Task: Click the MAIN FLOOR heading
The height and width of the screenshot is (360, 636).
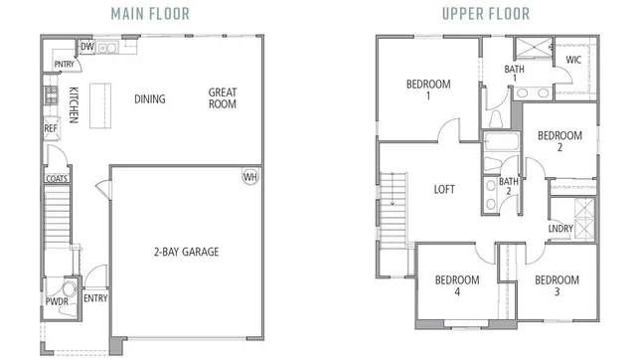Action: (154, 13)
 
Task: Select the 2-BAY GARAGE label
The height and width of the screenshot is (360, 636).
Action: (186, 252)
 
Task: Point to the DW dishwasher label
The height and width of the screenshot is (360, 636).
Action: (86, 47)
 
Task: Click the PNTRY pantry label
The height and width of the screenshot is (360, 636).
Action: (66, 65)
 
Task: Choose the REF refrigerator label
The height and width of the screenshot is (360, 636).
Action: (50, 128)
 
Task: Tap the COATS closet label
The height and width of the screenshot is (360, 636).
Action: (56, 180)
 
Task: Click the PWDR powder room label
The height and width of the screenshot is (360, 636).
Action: (57, 301)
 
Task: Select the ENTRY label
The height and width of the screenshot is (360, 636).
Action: (95, 298)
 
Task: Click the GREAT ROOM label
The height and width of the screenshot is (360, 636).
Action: (223, 98)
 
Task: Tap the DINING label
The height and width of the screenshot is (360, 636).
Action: (150, 98)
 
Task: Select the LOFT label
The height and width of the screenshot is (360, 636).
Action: (444, 188)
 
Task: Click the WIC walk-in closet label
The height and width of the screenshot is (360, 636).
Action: (573, 60)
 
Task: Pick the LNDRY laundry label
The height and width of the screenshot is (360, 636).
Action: (559, 230)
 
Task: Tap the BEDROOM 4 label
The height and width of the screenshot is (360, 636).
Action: (457, 285)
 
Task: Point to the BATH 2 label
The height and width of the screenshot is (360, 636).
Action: (509, 186)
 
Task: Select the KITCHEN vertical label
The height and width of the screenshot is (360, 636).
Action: (74, 105)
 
